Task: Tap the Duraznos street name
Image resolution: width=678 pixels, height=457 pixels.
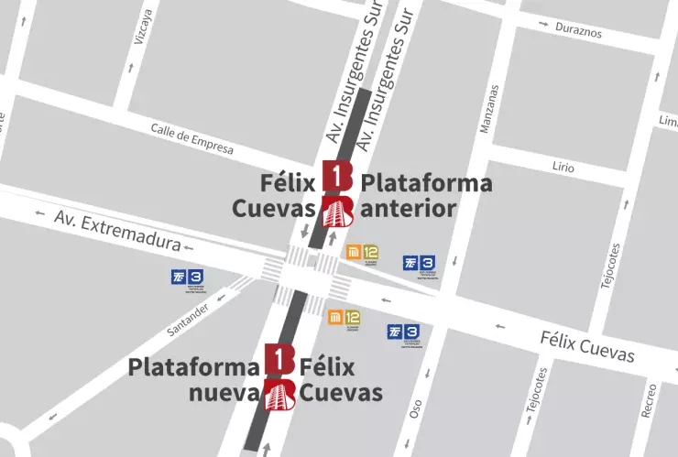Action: point(578,30)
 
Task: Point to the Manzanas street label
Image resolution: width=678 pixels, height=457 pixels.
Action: point(493,109)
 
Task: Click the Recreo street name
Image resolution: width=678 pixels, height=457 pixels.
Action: point(649,400)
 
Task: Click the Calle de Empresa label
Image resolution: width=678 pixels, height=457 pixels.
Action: point(191,137)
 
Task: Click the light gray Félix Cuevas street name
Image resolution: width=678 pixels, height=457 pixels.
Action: point(585,345)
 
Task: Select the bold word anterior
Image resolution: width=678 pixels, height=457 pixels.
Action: point(409,208)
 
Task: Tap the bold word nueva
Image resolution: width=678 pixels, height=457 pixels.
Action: point(224,394)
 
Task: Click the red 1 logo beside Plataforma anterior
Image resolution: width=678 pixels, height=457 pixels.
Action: point(337,176)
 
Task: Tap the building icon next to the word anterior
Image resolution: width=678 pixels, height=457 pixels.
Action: point(338,211)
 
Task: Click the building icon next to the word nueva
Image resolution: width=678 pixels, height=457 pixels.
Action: point(279,395)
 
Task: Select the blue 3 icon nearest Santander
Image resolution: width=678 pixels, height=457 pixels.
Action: point(188,277)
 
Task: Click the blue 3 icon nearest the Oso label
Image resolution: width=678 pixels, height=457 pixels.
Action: point(404,332)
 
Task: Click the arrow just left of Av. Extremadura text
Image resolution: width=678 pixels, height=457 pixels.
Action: point(38,215)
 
